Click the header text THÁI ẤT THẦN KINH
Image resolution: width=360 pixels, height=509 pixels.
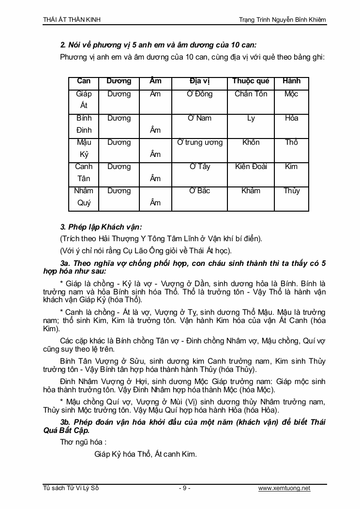click(x=72, y=19)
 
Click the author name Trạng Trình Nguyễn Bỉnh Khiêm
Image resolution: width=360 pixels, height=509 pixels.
click(x=283, y=19)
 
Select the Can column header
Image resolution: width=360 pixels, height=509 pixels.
click(x=84, y=81)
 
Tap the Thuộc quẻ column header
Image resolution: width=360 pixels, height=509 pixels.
click(x=251, y=81)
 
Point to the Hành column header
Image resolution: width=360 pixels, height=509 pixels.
click(x=291, y=81)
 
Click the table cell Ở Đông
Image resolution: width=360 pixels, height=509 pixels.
click(x=200, y=94)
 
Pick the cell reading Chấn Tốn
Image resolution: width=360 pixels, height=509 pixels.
click(x=251, y=94)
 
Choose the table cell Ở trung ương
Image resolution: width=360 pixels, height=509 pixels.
click(x=200, y=142)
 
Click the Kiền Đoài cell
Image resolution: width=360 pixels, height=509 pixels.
click(x=251, y=167)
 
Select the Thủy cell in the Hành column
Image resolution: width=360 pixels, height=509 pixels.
click(x=291, y=191)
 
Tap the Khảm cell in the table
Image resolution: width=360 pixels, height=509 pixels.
click(x=251, y=191)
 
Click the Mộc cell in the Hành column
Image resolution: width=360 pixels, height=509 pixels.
click(x=291, y=94)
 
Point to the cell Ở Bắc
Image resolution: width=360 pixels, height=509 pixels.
click(x=200, y=191)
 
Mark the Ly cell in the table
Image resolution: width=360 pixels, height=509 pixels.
click(x=251, y=118)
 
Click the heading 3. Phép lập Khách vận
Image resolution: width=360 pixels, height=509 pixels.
click(x=101, y=227)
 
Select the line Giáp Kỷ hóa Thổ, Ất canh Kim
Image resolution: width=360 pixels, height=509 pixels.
click(x=146, y=454)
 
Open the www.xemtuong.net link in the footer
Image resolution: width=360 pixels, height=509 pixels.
click(x=284, y=488)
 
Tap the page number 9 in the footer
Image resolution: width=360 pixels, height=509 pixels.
click(x=184, y=488)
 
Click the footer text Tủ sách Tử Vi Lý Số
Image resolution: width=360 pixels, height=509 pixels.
click(x=71, y=488)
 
